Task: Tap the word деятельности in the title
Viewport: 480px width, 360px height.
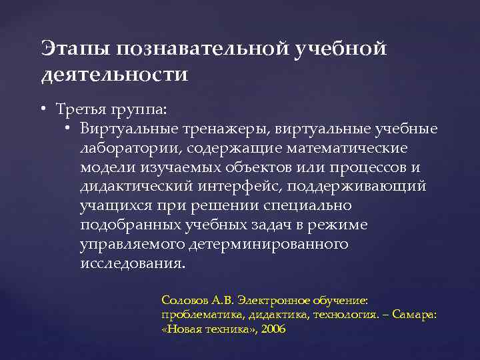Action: [115, 74]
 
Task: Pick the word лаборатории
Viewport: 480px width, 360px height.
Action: [131, 147]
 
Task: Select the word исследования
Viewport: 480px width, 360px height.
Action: [131, 263]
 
